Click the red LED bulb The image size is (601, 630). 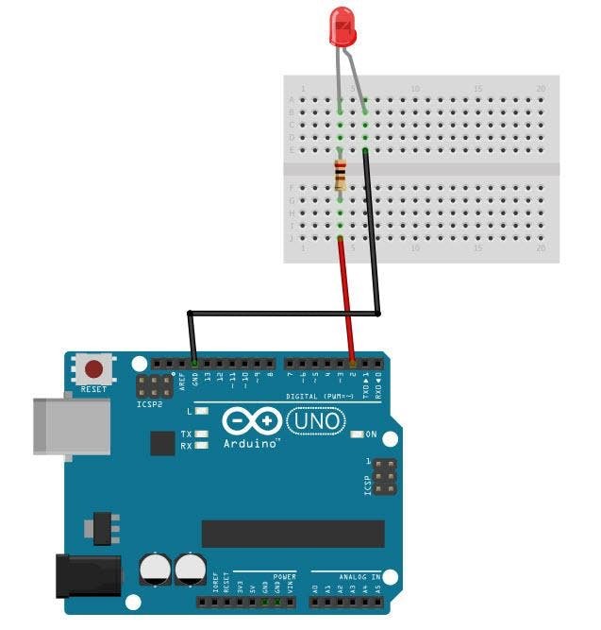(343, 26)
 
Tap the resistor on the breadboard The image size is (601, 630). (341, 175)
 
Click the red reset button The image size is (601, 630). (93, 368)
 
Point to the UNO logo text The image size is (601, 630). (316, 420)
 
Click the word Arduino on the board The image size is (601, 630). (251, 442)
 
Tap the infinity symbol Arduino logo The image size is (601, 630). (252, 420)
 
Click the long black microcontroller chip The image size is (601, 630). (292, 534)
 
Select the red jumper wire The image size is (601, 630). (346, 298)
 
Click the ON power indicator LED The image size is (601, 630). (357, 434)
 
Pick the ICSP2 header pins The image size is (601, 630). (153, 385)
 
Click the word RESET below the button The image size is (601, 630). (93, 389)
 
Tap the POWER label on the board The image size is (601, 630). (284, 575)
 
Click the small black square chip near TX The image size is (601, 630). (162, 443)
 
